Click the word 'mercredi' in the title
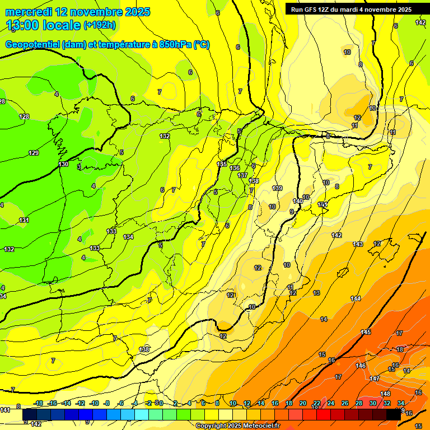[x=28, y=12]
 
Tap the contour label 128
[x=24, y=116]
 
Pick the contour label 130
[x=63, y=164]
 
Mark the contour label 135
[x=222, y=164]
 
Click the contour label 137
[x=242, y=175]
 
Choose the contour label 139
[x=277, y=188]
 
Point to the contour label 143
[x=358, y=244]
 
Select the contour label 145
[x=366, y=332]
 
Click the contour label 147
[x=375, y=378]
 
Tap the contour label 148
[x=385, y=394]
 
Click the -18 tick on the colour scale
[x=39, y=403]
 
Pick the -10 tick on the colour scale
[x=94, y=403]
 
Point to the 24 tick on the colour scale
[x=330, y=403]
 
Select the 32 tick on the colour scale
[x=386, y=403]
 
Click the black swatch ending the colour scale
[x=393, y=415]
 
